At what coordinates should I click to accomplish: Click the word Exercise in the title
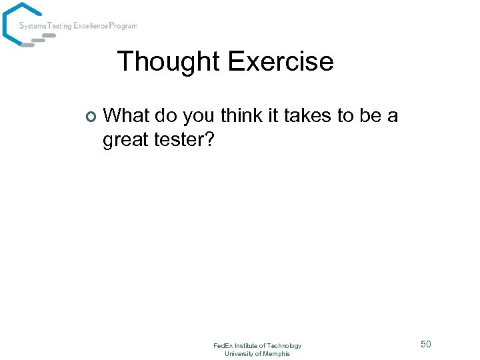280,62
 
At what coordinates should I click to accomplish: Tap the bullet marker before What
91,117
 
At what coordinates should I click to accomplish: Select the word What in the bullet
127,116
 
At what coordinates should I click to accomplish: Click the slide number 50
425,344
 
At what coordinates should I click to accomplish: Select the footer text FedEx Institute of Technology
257,345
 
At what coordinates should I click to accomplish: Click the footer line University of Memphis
257,353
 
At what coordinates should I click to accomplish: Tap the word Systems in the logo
32,26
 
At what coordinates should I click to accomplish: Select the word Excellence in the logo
93,26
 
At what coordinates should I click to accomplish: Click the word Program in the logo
124,26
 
